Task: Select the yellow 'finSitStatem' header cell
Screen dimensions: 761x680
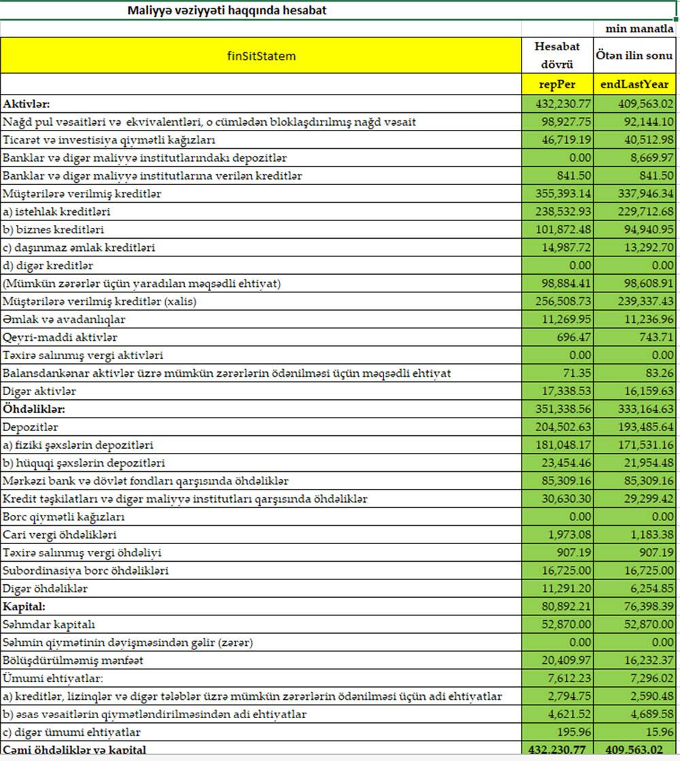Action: click(x=261, y=56)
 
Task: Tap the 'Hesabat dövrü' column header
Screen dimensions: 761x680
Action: click(x=557, y=55)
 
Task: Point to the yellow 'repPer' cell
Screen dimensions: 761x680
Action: click(x=557, y=85)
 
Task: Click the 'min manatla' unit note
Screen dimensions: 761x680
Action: click(x=639, y=29)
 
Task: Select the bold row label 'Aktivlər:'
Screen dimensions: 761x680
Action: click(x=27, y=104)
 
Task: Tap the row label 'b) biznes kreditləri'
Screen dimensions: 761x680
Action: click(x=54, y=230)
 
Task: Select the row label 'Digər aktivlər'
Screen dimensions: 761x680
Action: click(x=39, y=391)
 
